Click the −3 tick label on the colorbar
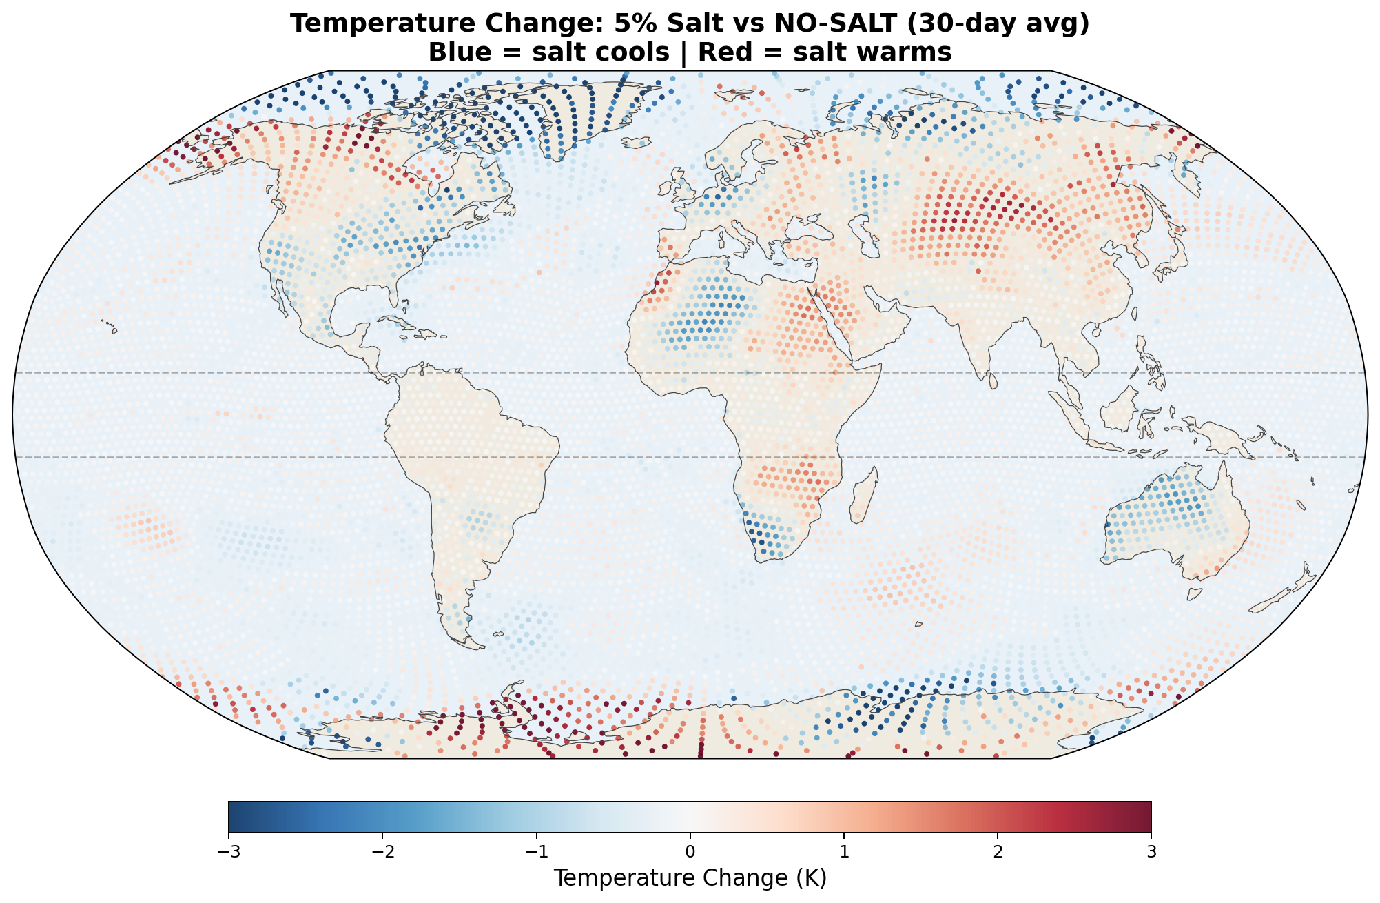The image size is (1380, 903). pyautogui.click(x=228, y=852)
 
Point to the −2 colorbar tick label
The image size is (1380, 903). pyautogui.click(x=382, y=852)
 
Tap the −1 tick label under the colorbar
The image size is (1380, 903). pyautogui.click(x=535, y=852)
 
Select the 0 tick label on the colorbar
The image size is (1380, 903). pyautogui.click(x=690, y=852)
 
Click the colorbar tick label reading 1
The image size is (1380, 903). pyautogui.click(x=843, y=852)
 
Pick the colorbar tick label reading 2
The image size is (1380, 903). pyautogui.click(x=997, y=852)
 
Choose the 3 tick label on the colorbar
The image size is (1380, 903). pyautogui.click(x=1151, y=852)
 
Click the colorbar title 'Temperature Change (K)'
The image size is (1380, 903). pyautogui.click(x=690, y=878)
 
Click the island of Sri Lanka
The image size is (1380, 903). pyautogui.click(x=993, y=380)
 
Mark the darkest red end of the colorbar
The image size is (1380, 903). pyautogui.click(x=1146, y=817)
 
